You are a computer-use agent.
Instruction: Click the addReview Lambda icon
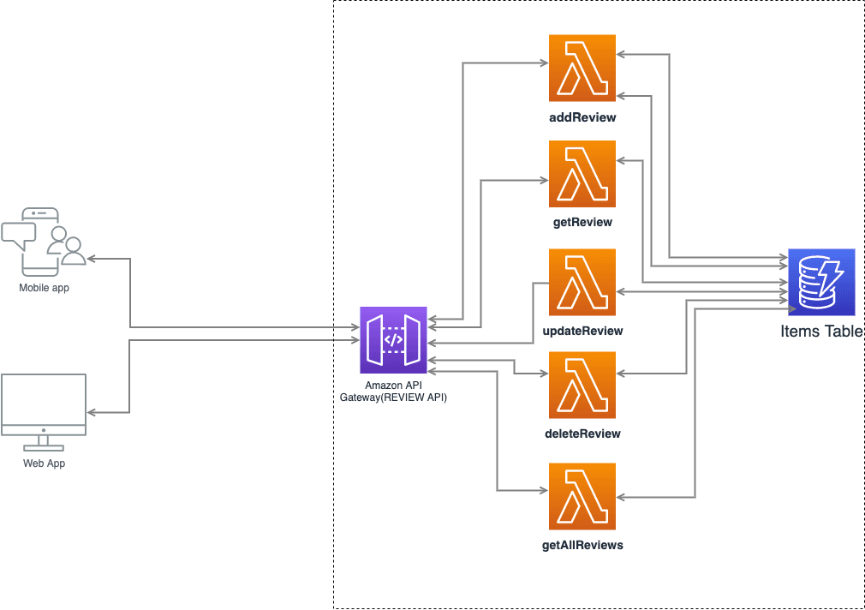tap(582, 69)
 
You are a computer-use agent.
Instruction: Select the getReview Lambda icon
tap(582, 174)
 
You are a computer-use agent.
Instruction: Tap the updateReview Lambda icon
tap(582, 282)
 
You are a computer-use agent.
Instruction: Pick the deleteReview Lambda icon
tap(582, 385)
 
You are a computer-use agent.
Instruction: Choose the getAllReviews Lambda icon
tap(582, 496)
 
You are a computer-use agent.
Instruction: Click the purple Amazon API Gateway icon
tap(393, 339)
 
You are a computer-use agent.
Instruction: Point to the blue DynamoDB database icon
tap(821, 282)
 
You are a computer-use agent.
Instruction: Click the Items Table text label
tap(821, 332)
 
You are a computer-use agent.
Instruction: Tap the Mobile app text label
tap(44, 288)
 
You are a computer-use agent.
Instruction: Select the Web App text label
tap(44, 463)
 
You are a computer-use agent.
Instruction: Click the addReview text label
tap(582, 116)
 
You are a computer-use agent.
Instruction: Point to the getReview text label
tap(582, 222)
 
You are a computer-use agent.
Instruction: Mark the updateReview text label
tap(582, 331)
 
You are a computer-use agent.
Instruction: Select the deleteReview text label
tap(582, 434)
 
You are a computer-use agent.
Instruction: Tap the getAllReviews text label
tap(582, 544)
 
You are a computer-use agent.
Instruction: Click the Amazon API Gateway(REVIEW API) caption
tap(393, 392)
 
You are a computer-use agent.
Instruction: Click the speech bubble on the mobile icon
tap(19, 234)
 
